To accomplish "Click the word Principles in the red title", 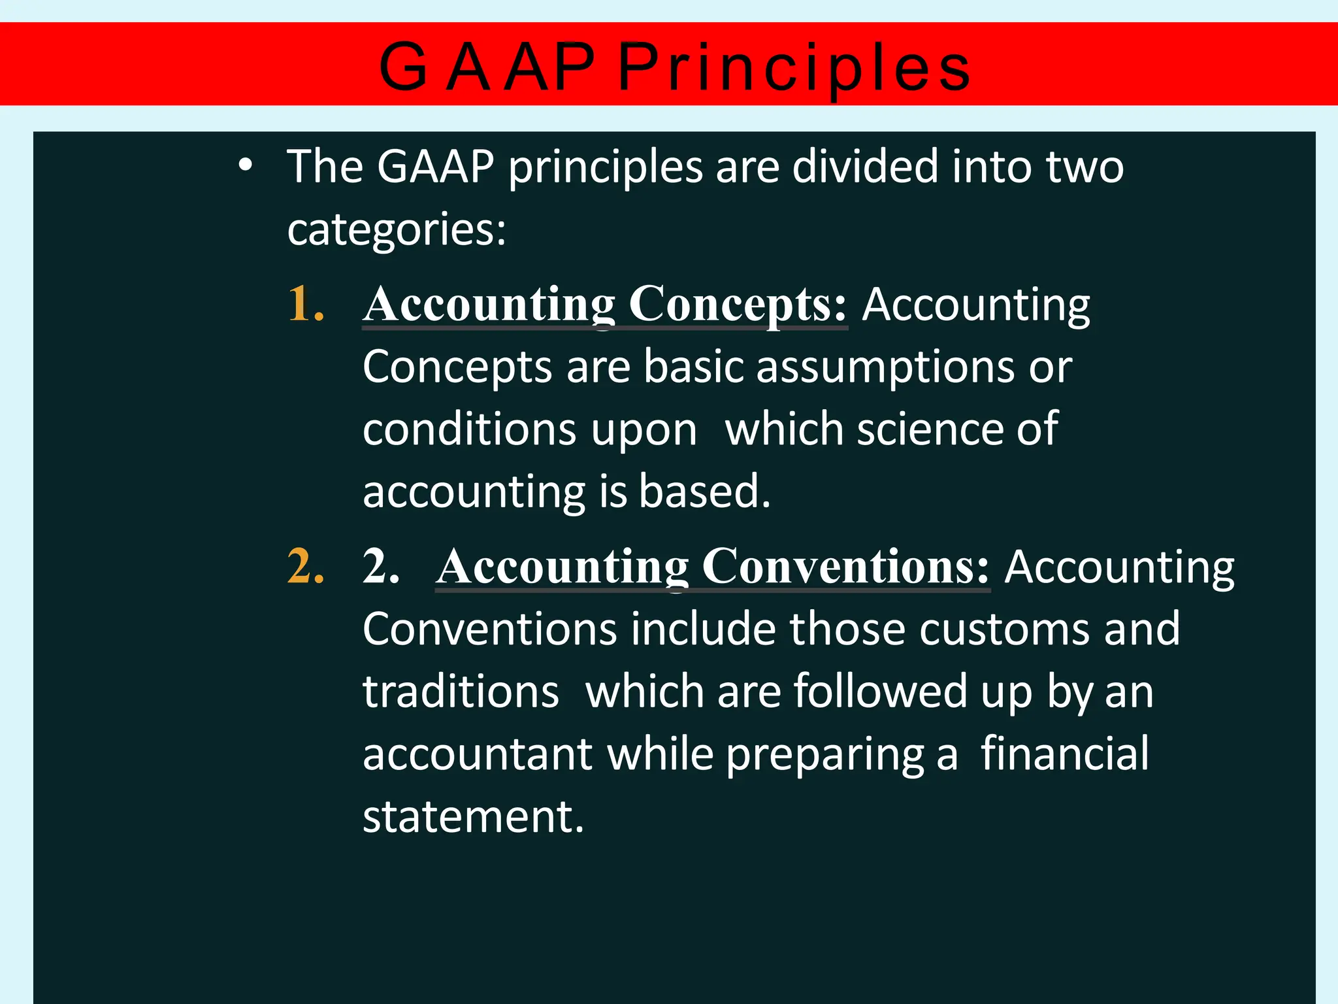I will pos(794,67).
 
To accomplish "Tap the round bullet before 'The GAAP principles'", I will pos(245,165).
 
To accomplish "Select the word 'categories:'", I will pos(397,230).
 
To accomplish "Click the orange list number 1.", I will pos(306,304).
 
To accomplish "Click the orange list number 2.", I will pos(306,566).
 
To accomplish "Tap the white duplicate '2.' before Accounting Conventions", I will pos(381,566).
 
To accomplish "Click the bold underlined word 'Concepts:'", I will pos(738,304).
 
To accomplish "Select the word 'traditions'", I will pos(461,692).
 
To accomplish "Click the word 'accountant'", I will pos(478,754).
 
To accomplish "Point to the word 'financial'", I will pos(1064,754).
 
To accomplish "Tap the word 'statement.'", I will pos(473,816).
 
